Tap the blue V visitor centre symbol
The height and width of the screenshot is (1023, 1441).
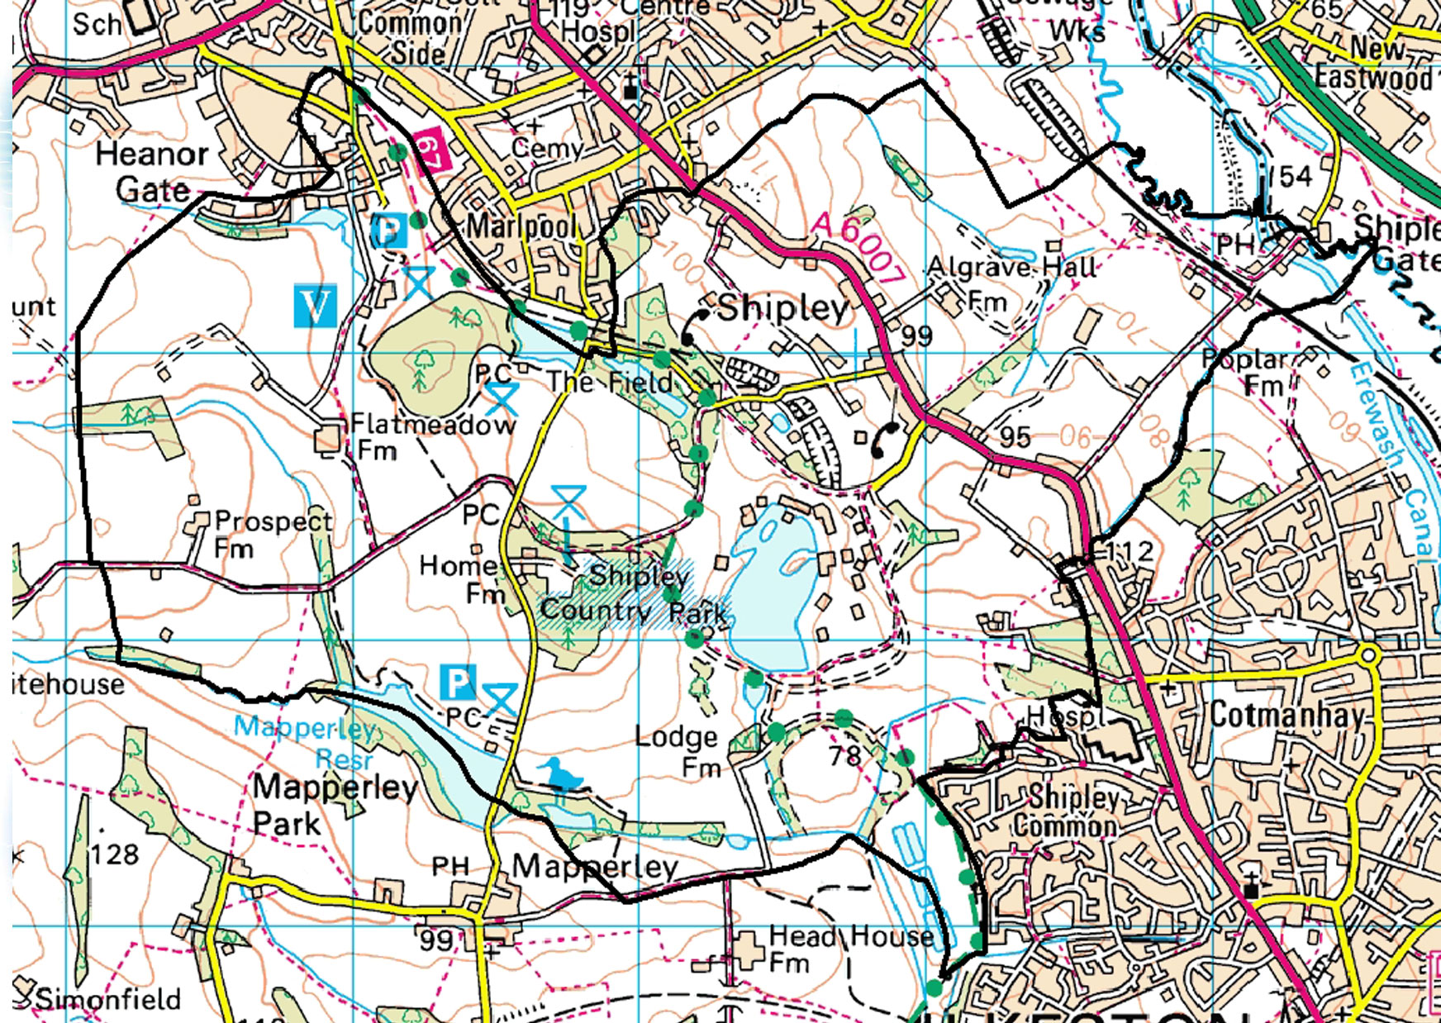(315, 306)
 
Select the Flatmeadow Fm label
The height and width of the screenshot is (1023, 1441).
(431, 436)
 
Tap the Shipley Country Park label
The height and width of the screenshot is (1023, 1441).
(634, 594)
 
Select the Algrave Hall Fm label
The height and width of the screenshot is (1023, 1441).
(1011, 281)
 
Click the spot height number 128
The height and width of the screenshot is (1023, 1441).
(115, 853)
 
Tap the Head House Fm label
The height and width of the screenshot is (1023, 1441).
(850, 948)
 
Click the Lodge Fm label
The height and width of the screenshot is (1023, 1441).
(678, 751)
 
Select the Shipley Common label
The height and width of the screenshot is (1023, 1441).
(1069, 811)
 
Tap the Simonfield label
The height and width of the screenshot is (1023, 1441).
(107, 998)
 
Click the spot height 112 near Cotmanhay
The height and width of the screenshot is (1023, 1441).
(1129, 551)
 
